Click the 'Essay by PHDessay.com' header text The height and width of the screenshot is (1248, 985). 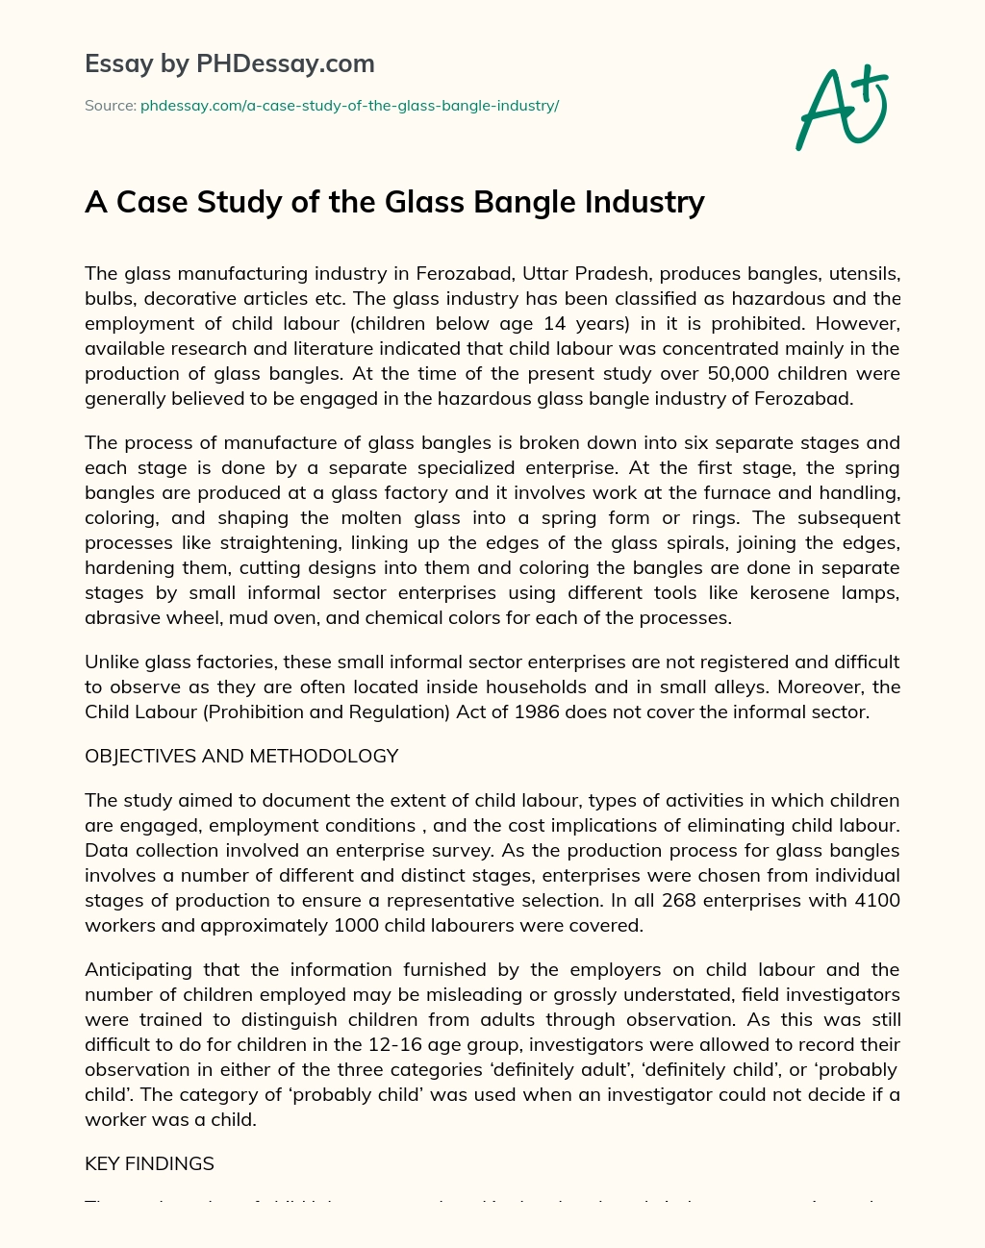229,64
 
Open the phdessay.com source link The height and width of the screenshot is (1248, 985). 349,106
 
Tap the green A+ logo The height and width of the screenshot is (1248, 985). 841,108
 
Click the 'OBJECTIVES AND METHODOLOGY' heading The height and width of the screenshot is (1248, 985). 241,757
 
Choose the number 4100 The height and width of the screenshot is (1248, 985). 873,901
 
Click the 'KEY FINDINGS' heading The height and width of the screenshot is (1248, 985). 149,1164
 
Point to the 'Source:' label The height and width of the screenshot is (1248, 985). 110,106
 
